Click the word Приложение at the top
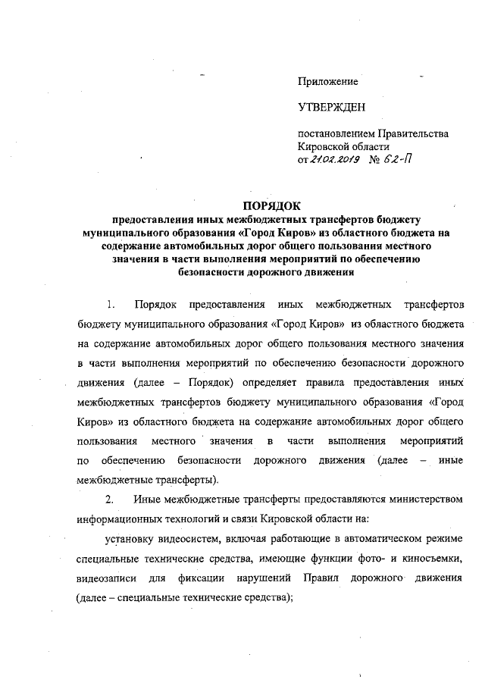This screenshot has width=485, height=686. click(328, 80)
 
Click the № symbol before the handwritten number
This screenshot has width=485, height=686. click(374, 160)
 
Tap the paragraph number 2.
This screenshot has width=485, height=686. click(110, 500)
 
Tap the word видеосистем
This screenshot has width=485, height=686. click(192, 540)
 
